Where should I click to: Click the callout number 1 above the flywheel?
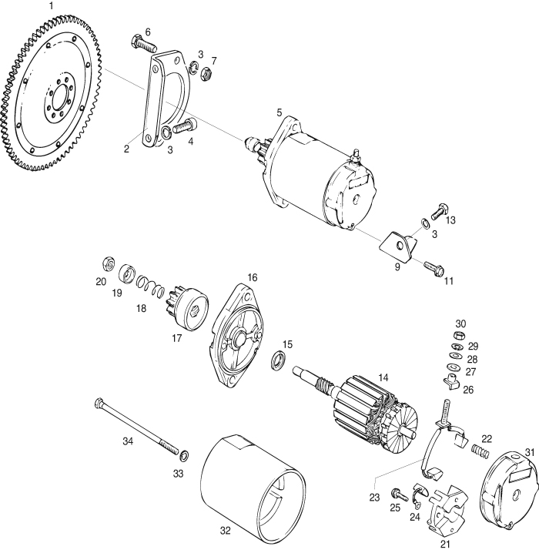tap(52, 6)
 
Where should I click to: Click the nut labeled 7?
tap(206, 74)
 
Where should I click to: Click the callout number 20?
tap(101, 282)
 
